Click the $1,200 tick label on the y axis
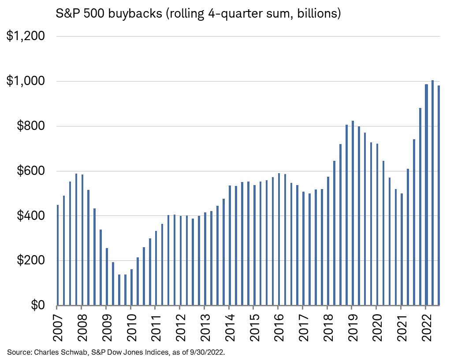[x=25, y=36]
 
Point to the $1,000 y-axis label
[x=25, y=81]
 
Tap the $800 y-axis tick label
[x=30, y=126]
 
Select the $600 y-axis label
[x=30, y=171]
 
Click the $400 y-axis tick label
[x=30, y=216]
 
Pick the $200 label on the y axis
[x=30, y=260]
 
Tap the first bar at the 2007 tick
[x=58, y=255]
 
